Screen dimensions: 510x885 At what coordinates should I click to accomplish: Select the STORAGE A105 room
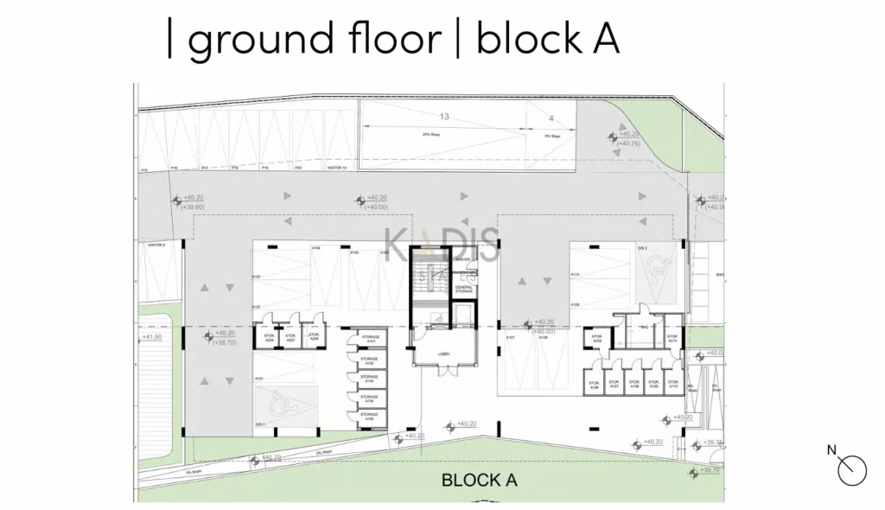[x=370, y=418]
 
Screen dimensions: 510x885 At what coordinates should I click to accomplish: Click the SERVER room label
[x=462, y=259]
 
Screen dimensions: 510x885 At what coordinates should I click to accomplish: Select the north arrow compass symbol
[x=850, y=468]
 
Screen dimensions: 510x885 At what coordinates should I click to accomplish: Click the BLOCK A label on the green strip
[x=479, y=481]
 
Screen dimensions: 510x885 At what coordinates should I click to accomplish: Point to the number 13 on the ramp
[x=444, y=116]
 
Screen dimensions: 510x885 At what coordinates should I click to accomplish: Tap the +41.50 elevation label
[x=152, y=337]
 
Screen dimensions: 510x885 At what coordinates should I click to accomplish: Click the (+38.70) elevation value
[x=225, y=342]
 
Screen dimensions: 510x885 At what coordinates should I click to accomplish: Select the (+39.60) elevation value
[x=190, y=207]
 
